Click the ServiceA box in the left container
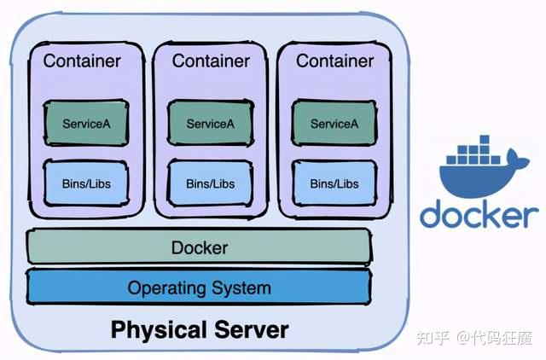coord(86,123)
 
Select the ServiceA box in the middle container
coord(211,123)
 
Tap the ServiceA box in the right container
coord(334,123)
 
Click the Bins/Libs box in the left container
coord(86,183)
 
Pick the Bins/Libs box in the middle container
coord(211,183)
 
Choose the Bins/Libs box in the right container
coord(334,183)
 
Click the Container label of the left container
coord(82,61)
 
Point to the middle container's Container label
coord(211,61)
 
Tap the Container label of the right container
coord(334,61)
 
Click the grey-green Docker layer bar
coord(199,247)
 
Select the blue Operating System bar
coord(199,287)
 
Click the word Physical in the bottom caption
coord(159,330)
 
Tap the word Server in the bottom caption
coord(252,329)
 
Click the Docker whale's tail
coord(518,159)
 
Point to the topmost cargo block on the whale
coord(484,140)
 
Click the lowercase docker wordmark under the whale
coord(479,213)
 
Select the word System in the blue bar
coord(241,288)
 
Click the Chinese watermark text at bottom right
coord(474,338)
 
